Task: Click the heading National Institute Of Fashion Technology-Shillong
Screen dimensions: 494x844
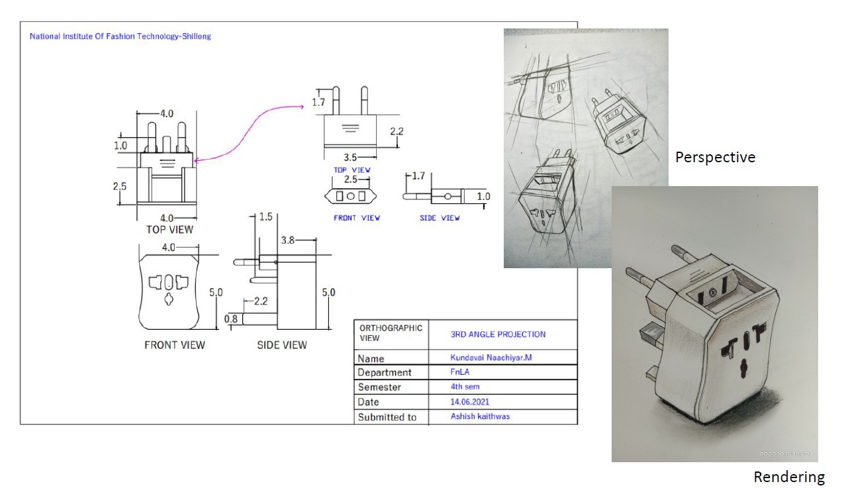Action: [x=120, y=36]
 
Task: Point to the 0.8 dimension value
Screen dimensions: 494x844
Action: [x=231, y=319]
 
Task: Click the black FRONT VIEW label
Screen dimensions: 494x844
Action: [x=175, y=345]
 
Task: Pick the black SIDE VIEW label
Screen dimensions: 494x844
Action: [x=282, y=345]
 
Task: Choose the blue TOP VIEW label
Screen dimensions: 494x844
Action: [x=352, y=170]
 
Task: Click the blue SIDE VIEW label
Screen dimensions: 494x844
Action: [x=440, y=218]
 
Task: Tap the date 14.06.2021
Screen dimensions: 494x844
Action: [x=470, y=401]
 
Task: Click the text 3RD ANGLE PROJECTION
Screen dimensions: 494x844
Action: [x=498, y=334]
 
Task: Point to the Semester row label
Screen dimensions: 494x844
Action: [x=379, y=387]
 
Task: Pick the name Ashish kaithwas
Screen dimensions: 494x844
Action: [x=480, y=417]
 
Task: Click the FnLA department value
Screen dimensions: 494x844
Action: [x=460, y=372]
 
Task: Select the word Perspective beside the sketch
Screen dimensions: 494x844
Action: [x=715, y=158]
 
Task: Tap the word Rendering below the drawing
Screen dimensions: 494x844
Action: [x=789, y=477]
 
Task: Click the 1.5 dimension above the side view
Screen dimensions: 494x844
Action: [x=266, y=217]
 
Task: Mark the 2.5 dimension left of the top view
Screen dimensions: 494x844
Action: [x=119, y=186]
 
